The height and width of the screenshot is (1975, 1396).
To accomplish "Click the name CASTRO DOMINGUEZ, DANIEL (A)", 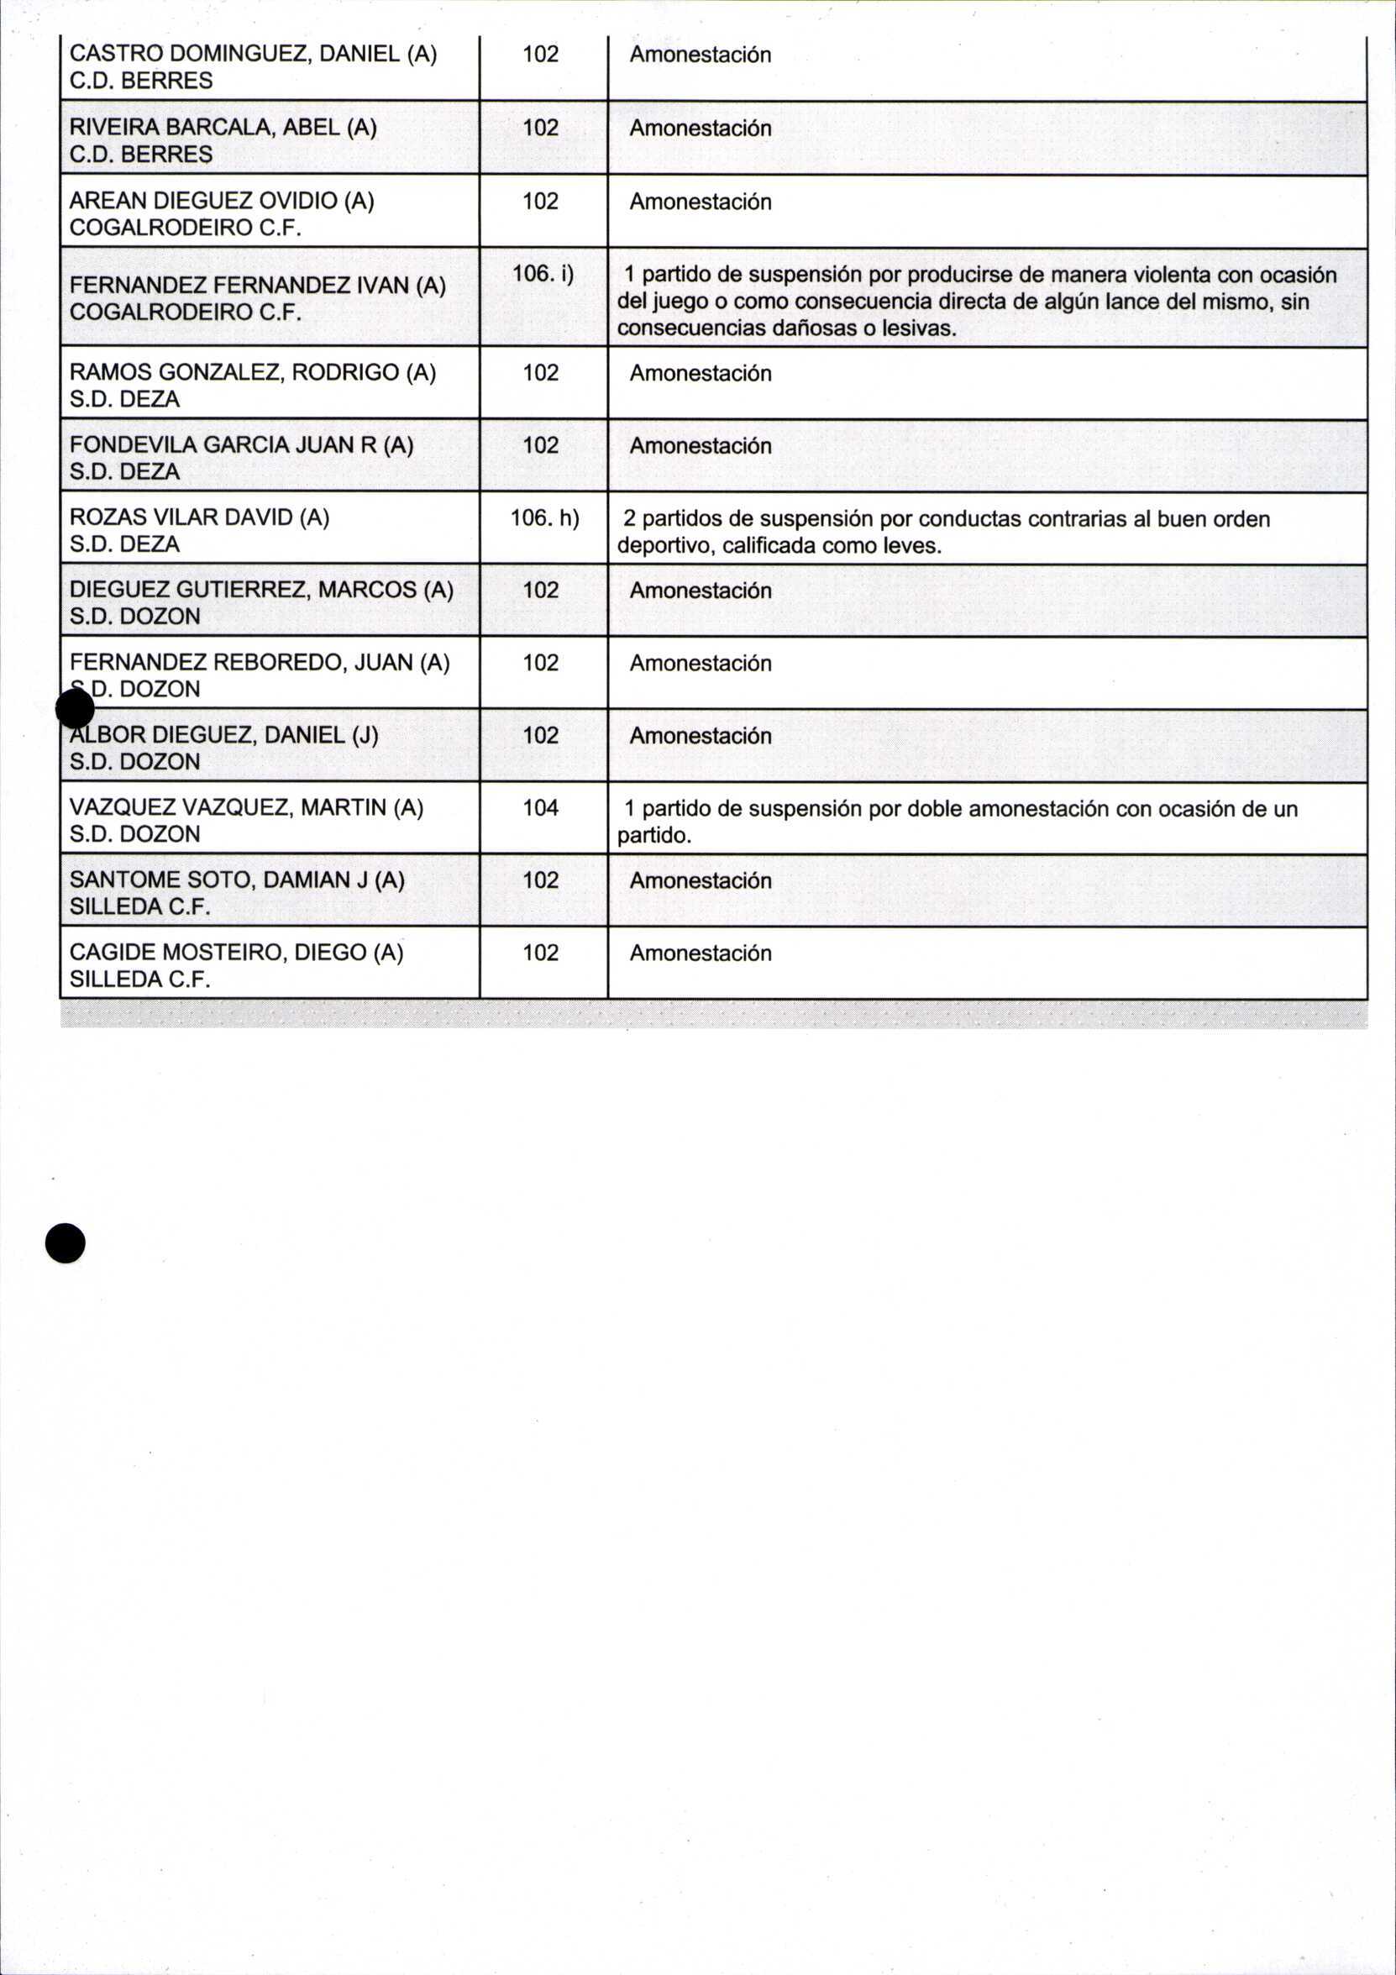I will click(x=253, y=55).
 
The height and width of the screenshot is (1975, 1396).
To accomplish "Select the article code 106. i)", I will click(x=543, y=274).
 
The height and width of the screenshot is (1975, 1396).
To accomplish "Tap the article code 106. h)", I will click(x=544, y=517).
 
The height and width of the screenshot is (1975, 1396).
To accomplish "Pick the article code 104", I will click(x=540, y=807).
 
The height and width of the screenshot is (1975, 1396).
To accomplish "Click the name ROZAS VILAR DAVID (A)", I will click(x=200, y=517).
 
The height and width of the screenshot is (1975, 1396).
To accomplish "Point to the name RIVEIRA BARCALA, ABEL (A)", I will click(x=223, y=128).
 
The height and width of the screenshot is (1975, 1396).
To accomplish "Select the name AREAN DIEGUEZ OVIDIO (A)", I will click(x=221, y=201).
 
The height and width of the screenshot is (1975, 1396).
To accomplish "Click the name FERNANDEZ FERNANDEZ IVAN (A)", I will click(x=257, y=285).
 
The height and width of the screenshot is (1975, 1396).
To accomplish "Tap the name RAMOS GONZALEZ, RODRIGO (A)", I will click(x=252, y=372).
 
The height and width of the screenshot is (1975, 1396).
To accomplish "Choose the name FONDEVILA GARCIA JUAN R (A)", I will click(x=241, y=444).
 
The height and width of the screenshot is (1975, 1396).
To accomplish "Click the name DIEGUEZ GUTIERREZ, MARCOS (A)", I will click(x=260, y=589).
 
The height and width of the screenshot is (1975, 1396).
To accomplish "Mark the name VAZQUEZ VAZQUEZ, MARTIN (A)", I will click(x=246, y=806).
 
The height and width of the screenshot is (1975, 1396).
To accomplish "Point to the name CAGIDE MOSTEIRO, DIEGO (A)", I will click(x=236, y=953).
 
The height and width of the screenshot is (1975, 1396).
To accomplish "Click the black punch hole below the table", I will click(x=66, y=1243).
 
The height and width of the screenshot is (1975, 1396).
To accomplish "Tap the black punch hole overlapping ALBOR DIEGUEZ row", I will click(x=75, y=711).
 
